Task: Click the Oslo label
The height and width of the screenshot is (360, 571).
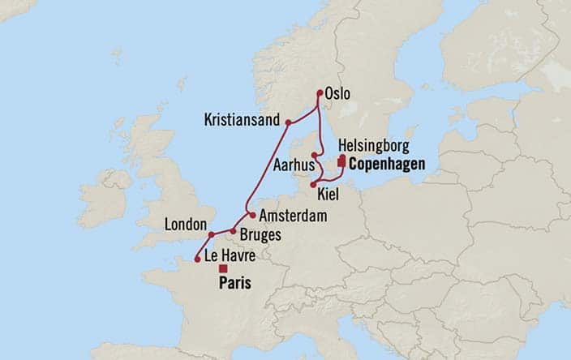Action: tap(338, 95)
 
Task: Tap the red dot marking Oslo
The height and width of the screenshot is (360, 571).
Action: tap(320, 92)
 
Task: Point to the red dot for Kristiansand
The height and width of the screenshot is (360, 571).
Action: tap(287, 123)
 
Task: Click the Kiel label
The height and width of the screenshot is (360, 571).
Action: tap(329, 195)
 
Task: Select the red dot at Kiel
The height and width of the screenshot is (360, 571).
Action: tap(313, 185)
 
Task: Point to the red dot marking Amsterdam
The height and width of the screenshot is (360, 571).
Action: tap(253, 216)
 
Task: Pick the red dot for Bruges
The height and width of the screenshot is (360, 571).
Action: tap(233, 231)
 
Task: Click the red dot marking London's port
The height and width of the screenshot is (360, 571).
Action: tap(211, 235)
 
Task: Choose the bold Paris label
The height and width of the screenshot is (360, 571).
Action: tap(234, 284)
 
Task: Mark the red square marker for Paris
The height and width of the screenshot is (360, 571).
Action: tap(223, 268)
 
